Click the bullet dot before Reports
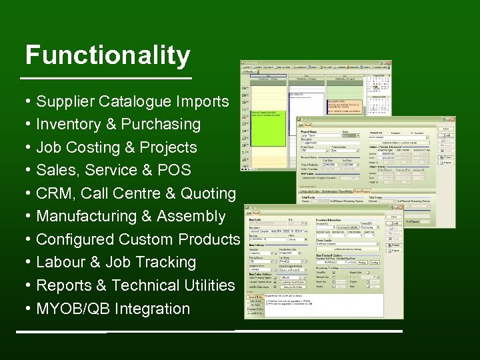pos(29,285)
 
